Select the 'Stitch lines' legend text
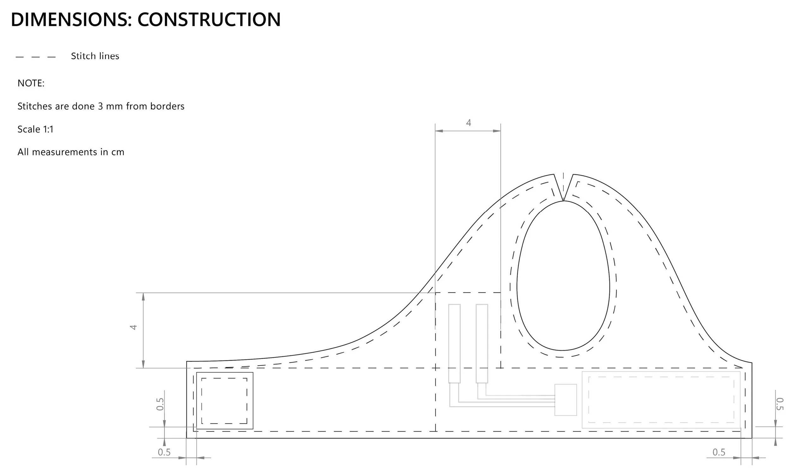[x=95, y=56]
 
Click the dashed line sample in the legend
[x=36, y=57]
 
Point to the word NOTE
[x=31, y=83]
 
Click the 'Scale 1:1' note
[x=35, y=129]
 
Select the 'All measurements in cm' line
[x=70, y=152]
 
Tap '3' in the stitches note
[x=100, y=106]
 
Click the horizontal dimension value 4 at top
[x=468, y=123]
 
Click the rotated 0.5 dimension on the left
[x=160, y=404]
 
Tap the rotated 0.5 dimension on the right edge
[x=780, y=404]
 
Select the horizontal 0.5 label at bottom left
[x=164, y=452]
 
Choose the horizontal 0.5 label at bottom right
[x=719, y=452]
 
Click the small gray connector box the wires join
[x=565, y=400]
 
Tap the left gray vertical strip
[x=454, y=343]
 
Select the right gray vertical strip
[x=482, y=343]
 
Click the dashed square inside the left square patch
[x=224, y=401]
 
